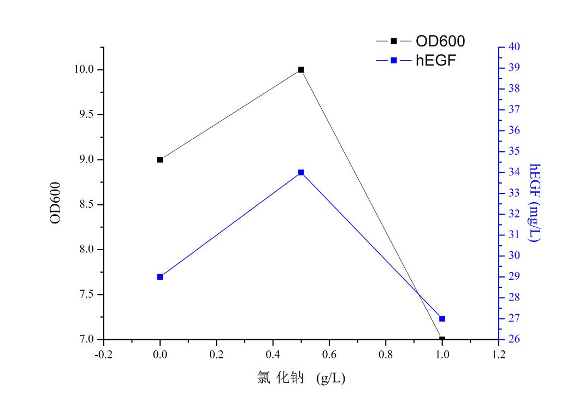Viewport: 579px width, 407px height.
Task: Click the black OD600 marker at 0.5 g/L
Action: (301, 70)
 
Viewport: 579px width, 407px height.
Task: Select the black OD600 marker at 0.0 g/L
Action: (160, 160)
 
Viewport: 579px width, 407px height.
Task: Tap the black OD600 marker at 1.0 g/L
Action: (442, 339)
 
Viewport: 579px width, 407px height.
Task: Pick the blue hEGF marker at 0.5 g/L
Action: (301, 173)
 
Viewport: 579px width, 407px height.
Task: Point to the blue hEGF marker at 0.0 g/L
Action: (160, 277)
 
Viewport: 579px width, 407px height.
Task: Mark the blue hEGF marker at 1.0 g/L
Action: (442, 318)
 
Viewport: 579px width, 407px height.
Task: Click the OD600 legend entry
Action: (421, 41)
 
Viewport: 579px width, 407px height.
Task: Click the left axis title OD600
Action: (56, 203)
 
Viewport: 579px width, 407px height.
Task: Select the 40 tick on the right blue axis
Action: (513, 47)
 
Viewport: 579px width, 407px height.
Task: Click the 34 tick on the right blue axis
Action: (513, 173)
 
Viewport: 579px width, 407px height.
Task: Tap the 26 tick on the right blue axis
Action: (513, 340)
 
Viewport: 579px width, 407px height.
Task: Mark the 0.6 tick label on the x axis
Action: (329, 355)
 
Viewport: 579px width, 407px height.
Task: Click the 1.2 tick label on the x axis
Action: (499, 355)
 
